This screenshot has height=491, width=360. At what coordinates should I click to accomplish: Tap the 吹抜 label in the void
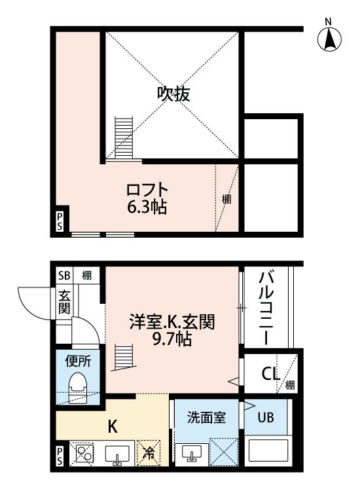click(x=173, y=94)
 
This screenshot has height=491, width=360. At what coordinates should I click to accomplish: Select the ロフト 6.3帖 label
click(x=147, y=198)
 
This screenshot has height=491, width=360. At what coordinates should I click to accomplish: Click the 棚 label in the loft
click(x=226, y=199)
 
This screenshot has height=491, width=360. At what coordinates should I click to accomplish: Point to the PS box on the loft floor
click(x=60, y=221)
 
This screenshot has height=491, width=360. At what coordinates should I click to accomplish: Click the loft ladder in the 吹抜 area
click(x=124, y=137)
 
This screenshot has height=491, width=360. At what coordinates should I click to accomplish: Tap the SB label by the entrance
click(x=64, y=276)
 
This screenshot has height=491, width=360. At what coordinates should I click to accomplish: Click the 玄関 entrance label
click(x=64, y=302)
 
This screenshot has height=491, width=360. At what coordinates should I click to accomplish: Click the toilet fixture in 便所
click(x=78, y=388)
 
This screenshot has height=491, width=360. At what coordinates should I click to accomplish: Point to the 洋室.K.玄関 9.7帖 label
click(x=172, y=330)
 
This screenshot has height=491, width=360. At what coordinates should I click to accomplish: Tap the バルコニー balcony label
click(x=266, y=308)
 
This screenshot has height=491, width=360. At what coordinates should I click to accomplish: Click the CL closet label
click(x=270, y=373)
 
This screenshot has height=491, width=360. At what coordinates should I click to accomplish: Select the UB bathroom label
click(x=266, y=418)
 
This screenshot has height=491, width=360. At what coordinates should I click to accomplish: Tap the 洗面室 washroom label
click(x=207, y=418)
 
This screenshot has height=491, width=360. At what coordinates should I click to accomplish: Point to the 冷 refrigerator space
click(x=149, y=453)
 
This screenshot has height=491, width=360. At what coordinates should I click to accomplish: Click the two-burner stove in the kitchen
click(x=82, y=454)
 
